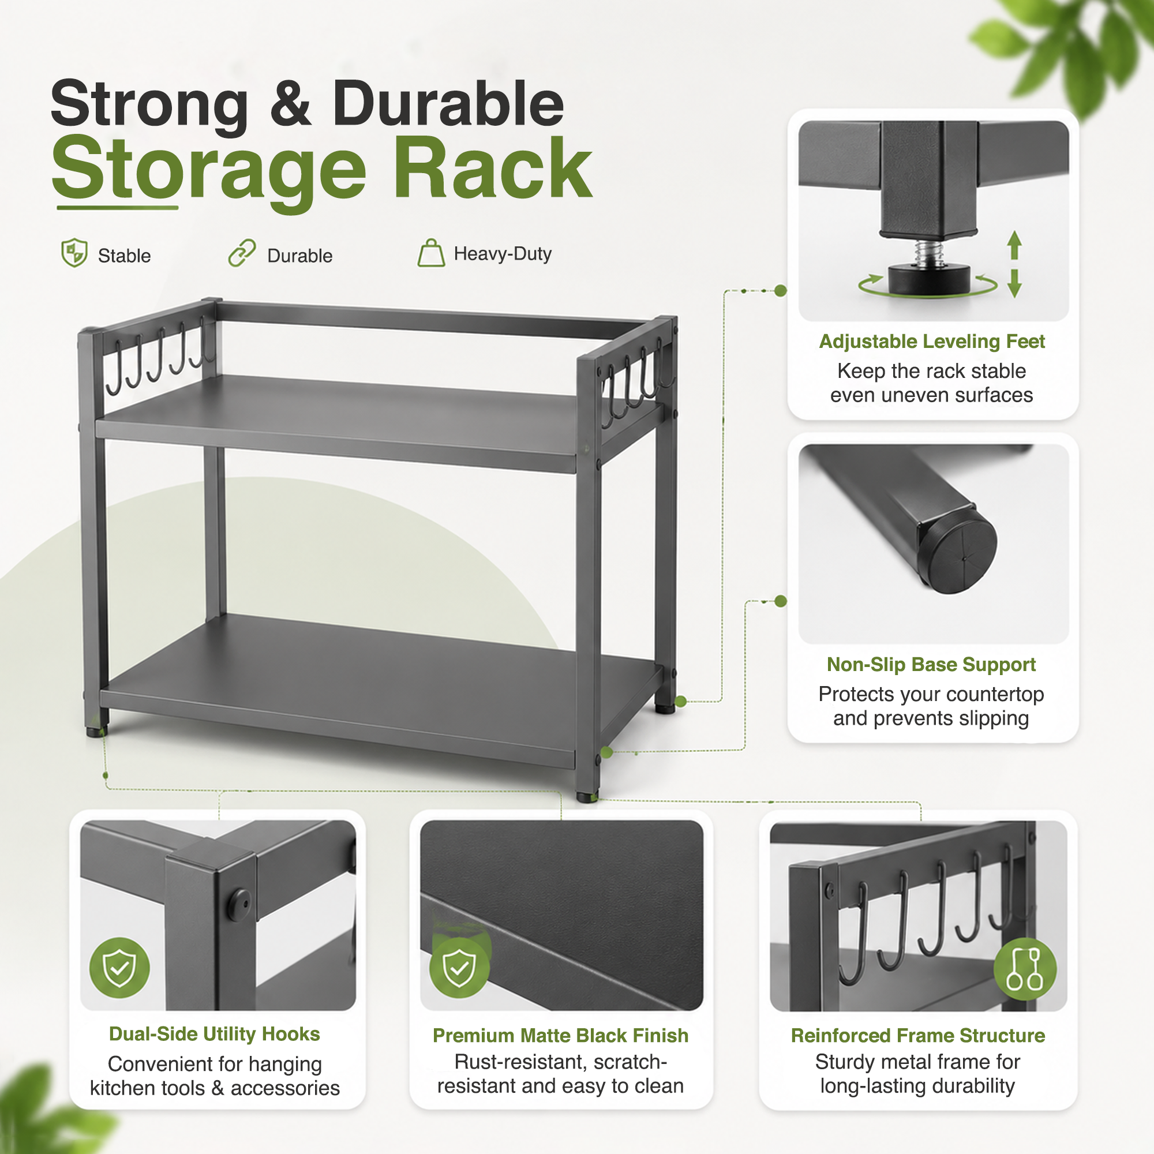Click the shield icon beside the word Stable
pos(74,253)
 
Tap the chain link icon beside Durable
pos(242,253)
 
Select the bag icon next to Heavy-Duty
pos(430,253)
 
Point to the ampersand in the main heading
pos(290,104)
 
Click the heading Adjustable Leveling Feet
pos(932,341)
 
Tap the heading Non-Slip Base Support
pos(931,664)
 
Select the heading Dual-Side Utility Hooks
pos(215,1034)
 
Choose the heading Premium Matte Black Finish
pos(560,1035)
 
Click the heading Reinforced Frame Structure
pos(917,1035)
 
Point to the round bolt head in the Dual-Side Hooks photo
pos(239,905)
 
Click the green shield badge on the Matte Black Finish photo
pos(459,968)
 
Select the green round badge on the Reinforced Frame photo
pos(1025,969)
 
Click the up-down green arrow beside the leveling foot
pos(1014,264)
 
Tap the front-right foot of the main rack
pos(587,797)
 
